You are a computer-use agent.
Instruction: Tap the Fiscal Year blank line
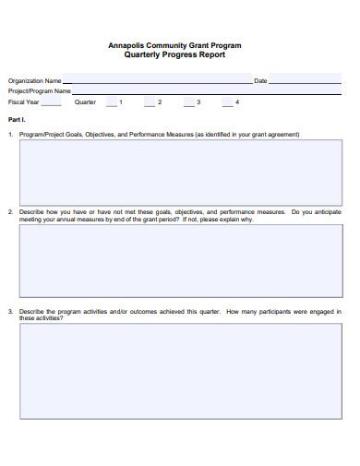pos(53,103)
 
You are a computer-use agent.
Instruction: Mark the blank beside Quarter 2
pos(150,103)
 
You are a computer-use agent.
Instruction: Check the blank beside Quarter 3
pos(188,103)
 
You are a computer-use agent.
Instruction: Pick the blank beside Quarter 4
pos(226,103)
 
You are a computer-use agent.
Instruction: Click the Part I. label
pos(16,120)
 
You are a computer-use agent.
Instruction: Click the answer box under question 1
pos(180,171)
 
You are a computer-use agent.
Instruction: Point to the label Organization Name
pos(35,81)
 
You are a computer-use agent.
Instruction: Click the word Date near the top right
pos(260,81)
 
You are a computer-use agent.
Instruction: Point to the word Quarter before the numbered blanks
pos(85,102)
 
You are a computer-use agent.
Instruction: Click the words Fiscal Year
pos(24,102)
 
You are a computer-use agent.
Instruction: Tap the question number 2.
pos(10,211)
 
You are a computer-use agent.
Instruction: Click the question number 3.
pos(10,311)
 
